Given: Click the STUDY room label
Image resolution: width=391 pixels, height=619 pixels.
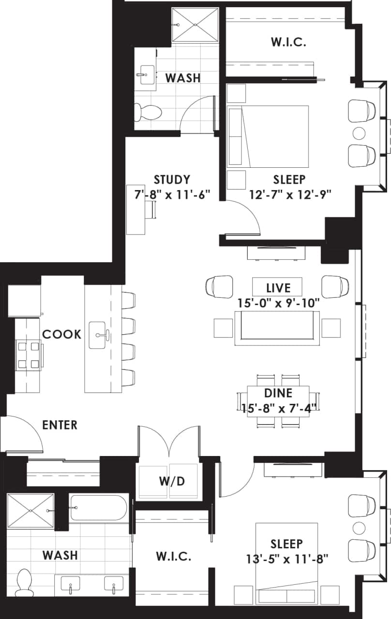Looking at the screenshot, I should [x=172, y=180].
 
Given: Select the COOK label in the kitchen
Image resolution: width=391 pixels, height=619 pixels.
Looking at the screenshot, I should [x=61, y=334].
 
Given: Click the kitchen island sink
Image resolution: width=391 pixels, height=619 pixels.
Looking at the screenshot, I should [x=103, y=334].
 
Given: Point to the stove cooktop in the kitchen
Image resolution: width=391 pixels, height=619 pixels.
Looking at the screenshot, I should [x=28, y=355].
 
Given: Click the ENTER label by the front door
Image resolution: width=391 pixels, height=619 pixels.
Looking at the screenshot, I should [x=60, y=425].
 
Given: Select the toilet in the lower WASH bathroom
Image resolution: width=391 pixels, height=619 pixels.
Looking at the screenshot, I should [x=23, y=582].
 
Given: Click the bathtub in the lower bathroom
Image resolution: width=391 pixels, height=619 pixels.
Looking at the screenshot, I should [x=99, y=508].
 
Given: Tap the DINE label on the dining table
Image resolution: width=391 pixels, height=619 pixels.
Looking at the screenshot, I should [x=279, y=393].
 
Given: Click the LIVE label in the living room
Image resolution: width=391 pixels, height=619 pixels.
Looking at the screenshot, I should [x=278, y=288].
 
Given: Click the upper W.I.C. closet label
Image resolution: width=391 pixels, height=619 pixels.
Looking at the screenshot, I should [x=288, y=42].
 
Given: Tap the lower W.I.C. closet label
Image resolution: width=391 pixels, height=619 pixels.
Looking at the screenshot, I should [x=173, y=556].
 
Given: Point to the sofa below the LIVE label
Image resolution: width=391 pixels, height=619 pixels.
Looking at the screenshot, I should [x=277, y=328].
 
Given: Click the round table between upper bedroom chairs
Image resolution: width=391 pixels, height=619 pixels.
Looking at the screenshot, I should [x=359, y=132].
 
